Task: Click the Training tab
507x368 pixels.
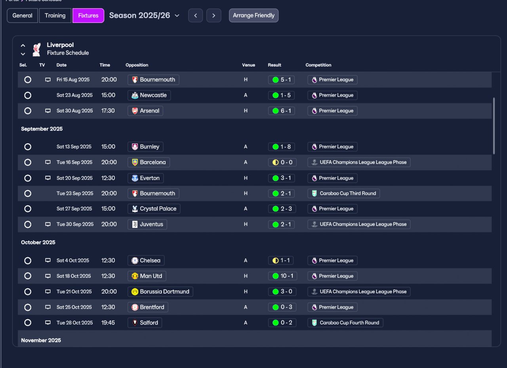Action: pos(55,15)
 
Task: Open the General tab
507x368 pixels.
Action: pos(22,15)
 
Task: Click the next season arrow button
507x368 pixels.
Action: pos(213,15)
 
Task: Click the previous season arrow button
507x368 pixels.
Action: pos(195,15)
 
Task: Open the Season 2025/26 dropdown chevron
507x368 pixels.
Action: pos(177,15)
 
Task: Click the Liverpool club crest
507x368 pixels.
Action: pos(36,49)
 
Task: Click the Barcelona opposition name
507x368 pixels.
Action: pos(153,162)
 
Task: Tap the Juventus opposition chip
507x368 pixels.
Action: pos(147,224)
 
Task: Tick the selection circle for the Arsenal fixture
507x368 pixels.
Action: pos(28,111)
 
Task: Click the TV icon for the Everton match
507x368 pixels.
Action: pos(48,178)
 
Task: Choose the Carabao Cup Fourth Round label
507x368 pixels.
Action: pos(349,323)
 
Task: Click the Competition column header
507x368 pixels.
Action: pos(318,65)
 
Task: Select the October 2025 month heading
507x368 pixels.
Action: pos(38,242)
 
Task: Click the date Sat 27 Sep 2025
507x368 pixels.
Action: pos(74,209)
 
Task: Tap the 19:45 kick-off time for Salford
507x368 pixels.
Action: pos(108,323)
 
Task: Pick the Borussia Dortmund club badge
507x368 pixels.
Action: pos(135,292)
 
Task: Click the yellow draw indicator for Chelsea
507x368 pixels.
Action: pos(275,261)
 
